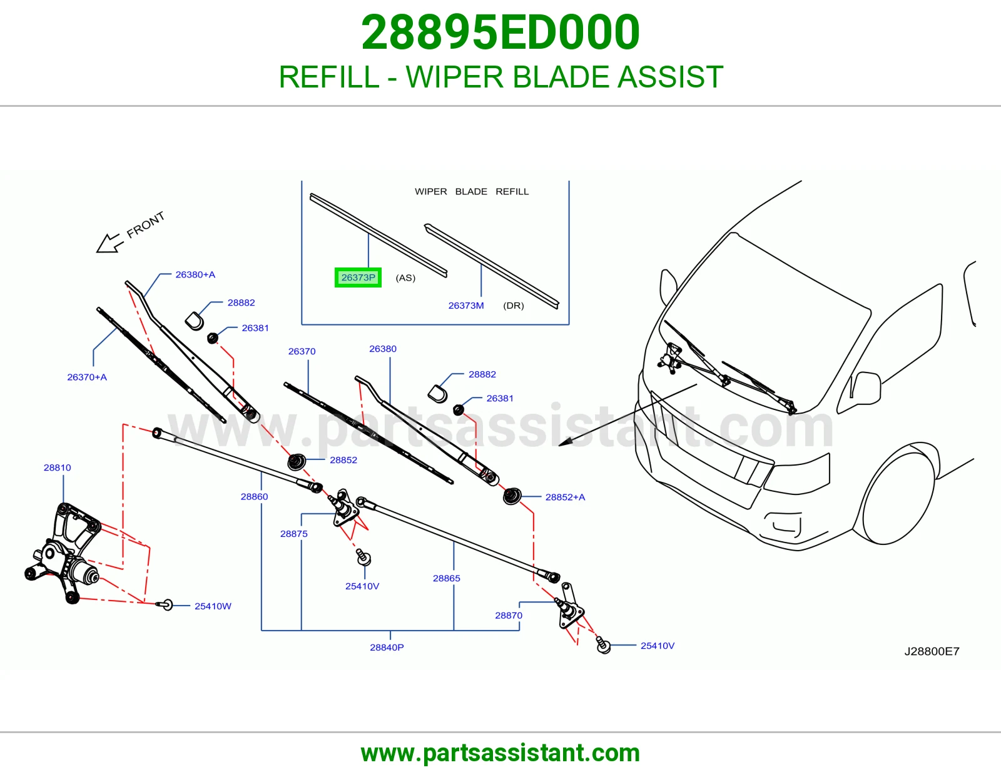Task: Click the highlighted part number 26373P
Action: pos(358,277)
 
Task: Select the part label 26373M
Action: pos(465,306)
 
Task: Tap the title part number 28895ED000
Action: pos(500,32)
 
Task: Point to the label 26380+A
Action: pos(195,275)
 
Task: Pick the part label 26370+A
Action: pos(87,377)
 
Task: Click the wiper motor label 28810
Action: pos(57,467)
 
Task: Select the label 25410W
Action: pos(213,606)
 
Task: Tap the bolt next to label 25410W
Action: pos(165,604)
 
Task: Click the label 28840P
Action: pos(387,647)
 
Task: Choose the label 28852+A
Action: pos(565,497)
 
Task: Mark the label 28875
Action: pos(294,534)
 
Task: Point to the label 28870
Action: pos(509,615)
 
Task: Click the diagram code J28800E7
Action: pos(932,651)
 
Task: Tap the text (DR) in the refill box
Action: pos(514,306)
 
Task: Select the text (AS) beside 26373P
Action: pos(405,278)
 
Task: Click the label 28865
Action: pos(446,579)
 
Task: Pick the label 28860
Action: pos(254,497)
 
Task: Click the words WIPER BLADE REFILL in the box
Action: pos(472,191)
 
